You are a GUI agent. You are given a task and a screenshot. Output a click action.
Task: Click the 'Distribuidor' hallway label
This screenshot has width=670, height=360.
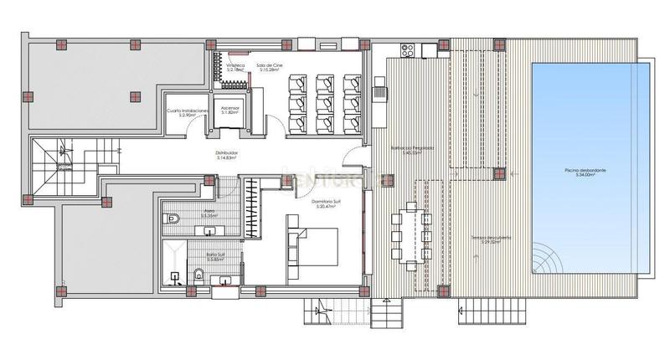coord(226,152)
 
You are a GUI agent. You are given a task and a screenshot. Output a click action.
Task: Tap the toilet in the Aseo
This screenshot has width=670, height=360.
coord(173,219)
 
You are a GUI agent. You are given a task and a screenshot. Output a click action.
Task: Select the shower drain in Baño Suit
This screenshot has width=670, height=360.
coord(174,275)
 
